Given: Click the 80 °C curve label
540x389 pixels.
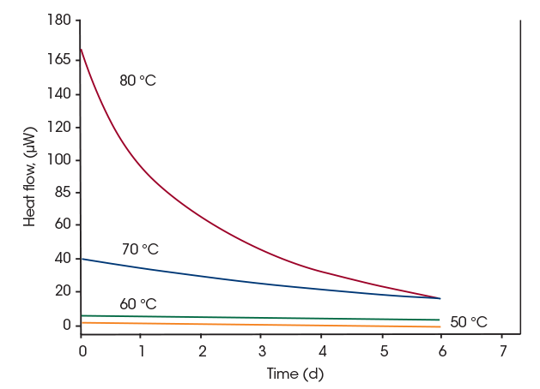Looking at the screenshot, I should click(x=137, y=81).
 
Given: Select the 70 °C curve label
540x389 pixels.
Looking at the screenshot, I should click(x=140, y=249).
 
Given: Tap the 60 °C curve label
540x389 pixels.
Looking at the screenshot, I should click(x=137, y=304).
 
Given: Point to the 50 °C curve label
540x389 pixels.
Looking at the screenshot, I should click(x=469, y=322).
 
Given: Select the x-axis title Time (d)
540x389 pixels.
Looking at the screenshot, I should click(x=294, y=374).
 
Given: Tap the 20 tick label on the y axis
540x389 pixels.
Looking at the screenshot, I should click(x=62, y=291).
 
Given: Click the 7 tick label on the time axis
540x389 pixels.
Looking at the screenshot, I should click(x=503, y=351).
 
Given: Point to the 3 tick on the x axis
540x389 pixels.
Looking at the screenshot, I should click(x=262, y=351).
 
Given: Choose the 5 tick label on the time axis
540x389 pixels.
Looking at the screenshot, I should click(x=383, y=351).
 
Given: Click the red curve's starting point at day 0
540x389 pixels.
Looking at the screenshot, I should click(x=82, y=49).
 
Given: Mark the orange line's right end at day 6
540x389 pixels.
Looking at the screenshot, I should click(x=440, y=327).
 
